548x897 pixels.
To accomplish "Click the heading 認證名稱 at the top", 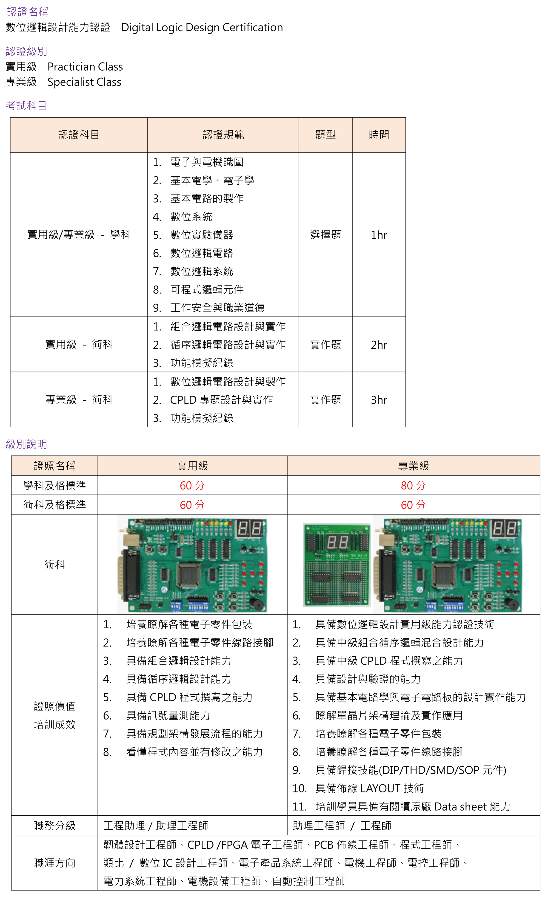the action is click(x=28, y=12).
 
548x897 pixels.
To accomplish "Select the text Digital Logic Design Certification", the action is click(x=202, y=28).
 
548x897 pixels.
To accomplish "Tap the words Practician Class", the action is click(x=85, y=67).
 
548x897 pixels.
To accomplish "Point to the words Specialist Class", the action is click(x=85, y=82).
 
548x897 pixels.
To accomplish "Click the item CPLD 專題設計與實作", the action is click(x=221, y=400).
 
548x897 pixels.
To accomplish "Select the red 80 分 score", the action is click(x=413, y=485).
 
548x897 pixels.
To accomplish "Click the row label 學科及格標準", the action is click(x=55, y=485).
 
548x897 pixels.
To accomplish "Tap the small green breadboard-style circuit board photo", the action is click(x=337, y=565).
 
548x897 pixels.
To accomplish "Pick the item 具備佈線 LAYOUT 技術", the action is click(x=370, y=788).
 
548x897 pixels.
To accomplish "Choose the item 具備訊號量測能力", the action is click(x=168, y=716).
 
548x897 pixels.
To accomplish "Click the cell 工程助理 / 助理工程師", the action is click(x=156, y=826).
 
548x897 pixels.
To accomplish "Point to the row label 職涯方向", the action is click(x=55, y=863).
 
